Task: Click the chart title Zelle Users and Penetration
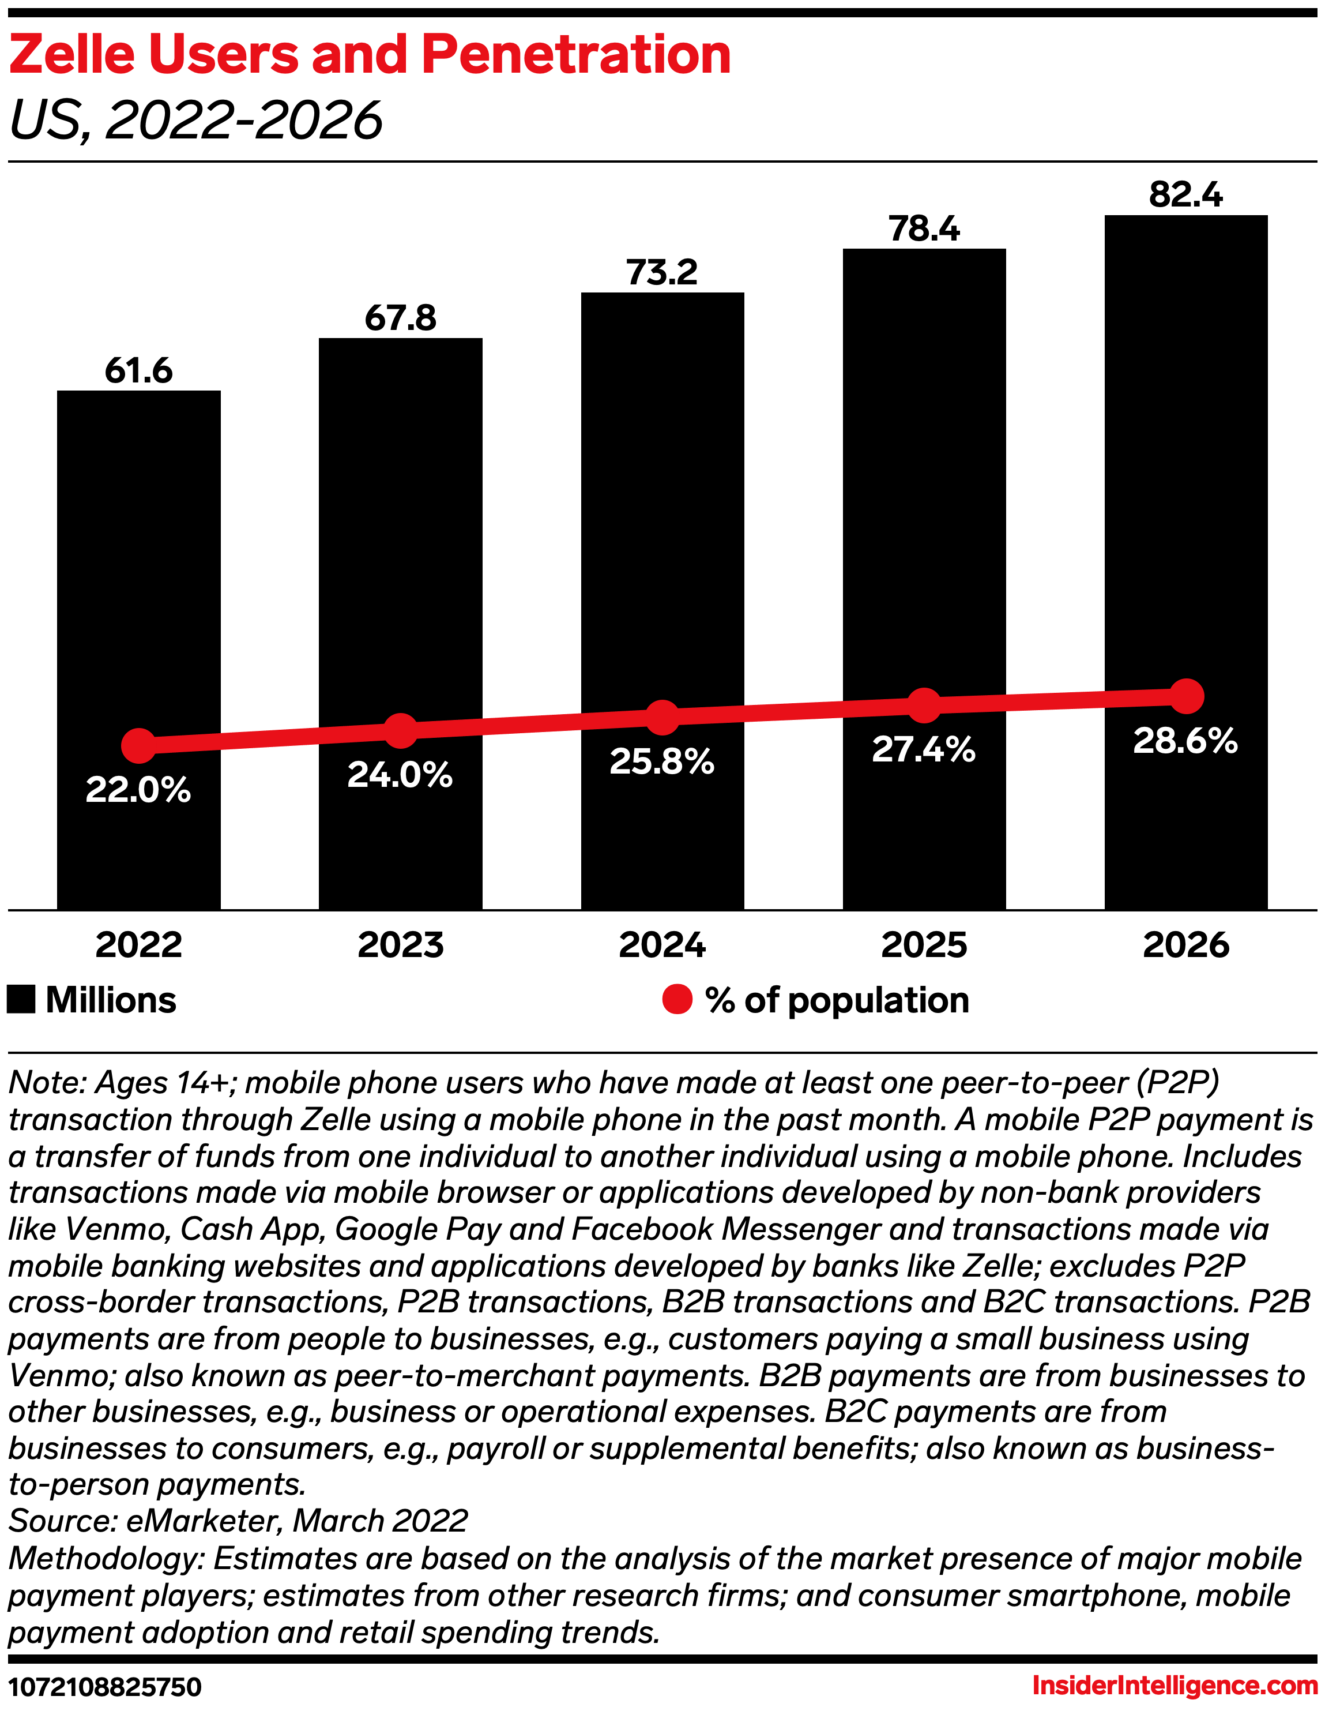pyautogui.click(x=370, y=55)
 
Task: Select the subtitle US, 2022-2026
pyautogui.click(x=196, y=121)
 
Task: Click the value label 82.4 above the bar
pyautogui.click(x=1185, y=194)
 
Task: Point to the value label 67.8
pyautogui.click(x=400, y=318)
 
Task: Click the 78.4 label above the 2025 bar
pyautogui.click(x=924, y=229)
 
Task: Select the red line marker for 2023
pyautogui.click(x=400, y=731)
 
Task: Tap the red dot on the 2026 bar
pyautogui.click(x=1187, y=696)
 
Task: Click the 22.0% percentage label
pyautogui.click(x=138, y=790)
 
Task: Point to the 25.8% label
pyautogui.click(x=662, y=761)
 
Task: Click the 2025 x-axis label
pyautogui.click(x=924, y=945)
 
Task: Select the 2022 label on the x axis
pyautogui.click(x=138, y=945)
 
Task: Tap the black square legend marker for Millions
pyautogui.click(x=21, y=1000)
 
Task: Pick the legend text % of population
pyautogui.click(x=837, y=1000)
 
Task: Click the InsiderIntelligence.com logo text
pyautogui.click(x=1175, y=1684)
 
